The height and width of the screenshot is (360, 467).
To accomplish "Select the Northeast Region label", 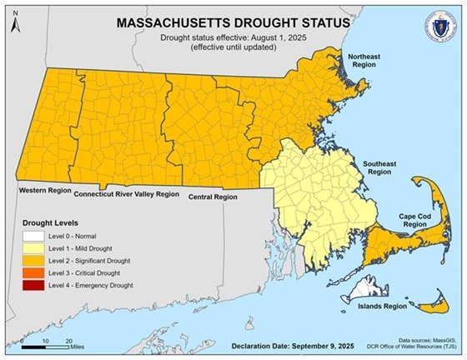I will click(x=364, y=61).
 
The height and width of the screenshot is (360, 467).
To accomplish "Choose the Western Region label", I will click(x=44, y=191).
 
